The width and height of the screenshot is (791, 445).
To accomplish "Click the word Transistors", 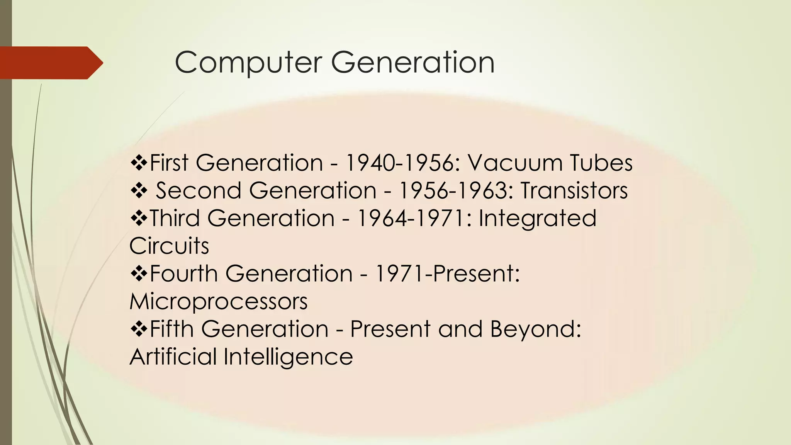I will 574,190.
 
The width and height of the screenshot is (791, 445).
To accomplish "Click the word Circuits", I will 169,246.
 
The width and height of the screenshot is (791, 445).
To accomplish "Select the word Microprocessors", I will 219,302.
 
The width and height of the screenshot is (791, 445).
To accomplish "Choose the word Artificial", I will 173,357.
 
